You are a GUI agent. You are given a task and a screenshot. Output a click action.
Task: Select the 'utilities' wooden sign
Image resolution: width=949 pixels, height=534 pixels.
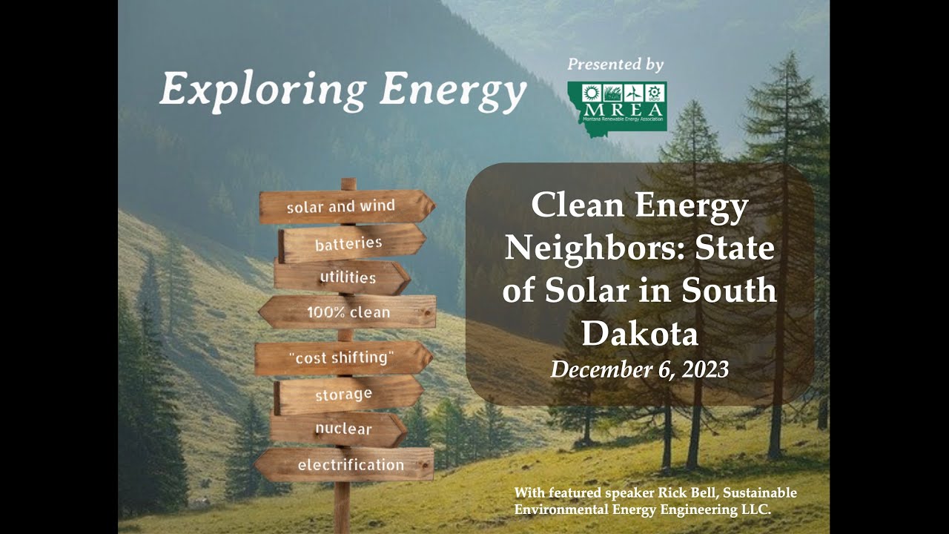(x=343, y=277)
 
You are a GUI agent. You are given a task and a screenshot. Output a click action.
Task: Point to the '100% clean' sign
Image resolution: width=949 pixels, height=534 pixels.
(x=347, y=312)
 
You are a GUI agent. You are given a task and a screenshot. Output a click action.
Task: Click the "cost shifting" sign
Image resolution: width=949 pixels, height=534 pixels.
(x=343, y=357)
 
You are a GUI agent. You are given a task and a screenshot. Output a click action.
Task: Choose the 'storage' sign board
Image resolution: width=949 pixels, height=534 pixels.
(x=345, y=395)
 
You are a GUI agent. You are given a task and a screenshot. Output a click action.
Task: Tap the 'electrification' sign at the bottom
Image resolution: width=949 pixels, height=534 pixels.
(x=345, y=465)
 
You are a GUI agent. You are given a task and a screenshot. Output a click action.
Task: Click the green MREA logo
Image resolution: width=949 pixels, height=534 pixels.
(x=617, y=106)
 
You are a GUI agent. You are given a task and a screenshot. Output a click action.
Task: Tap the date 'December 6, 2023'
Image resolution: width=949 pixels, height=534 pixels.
(x=639, y=369)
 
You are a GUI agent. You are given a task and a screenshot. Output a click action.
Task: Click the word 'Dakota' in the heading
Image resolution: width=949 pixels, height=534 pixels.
(x=639, y=333)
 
